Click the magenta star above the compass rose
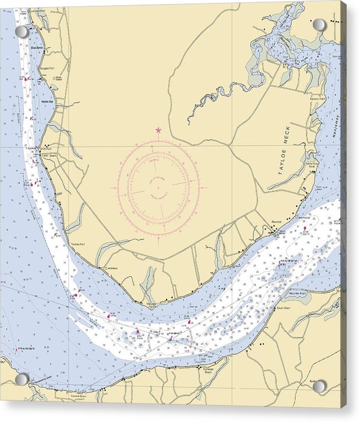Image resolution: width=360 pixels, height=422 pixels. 158,130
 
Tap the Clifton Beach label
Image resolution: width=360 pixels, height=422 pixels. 49,156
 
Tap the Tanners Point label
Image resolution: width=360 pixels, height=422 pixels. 317,98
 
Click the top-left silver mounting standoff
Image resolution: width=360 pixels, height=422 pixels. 22,31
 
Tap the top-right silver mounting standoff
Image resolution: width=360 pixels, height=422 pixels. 320,25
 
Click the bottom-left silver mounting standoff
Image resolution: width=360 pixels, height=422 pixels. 22,379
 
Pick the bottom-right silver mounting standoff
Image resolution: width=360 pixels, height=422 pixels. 320,386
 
